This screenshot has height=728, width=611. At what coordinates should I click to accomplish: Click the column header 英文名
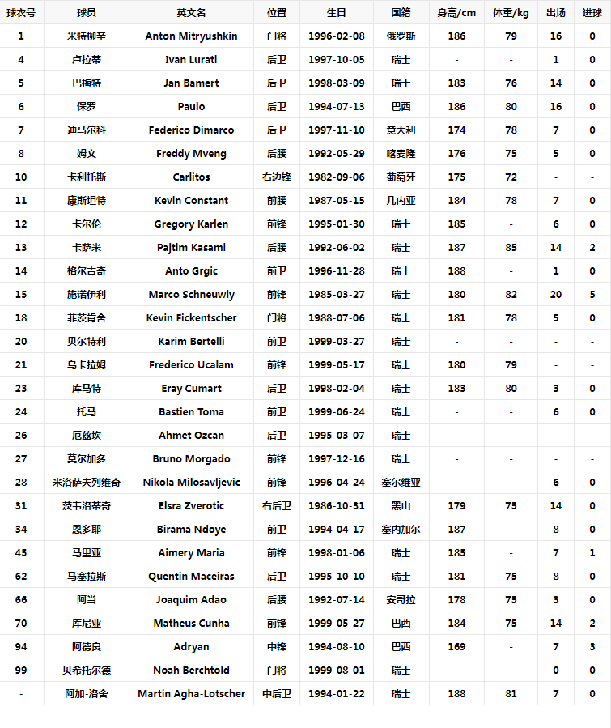coord(191,13)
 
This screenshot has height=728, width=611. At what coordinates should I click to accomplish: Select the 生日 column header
coord(336,13)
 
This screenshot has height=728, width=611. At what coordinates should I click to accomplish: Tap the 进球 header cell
coord(592,13)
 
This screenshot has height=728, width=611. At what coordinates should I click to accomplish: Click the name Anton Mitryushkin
coord(191,36)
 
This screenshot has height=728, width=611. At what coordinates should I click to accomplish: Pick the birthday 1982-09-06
coord(336,177)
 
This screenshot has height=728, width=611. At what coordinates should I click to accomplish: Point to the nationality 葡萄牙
coord(401,177)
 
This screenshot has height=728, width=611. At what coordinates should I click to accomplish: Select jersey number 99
coord(21,671)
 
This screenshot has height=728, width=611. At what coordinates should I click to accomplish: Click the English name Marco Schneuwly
coord(191,295)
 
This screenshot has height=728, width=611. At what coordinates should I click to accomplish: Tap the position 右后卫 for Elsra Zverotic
coord(276,506)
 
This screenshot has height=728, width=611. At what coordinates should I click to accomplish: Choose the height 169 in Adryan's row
coord(456,647)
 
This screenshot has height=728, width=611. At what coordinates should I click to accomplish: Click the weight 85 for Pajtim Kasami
coord(511,248)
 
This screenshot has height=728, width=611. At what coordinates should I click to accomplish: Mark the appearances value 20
coord(556,295)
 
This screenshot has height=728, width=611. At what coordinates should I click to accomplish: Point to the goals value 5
coord(592,295)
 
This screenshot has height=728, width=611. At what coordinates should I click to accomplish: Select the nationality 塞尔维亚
coord(401,483)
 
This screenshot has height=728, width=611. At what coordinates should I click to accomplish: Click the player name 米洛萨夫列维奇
coord(87,483)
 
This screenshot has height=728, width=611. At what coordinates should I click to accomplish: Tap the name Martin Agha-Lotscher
coord(191,694)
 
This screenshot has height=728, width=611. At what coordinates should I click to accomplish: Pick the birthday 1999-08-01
coord(336,671)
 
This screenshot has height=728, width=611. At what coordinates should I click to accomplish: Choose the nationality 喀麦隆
coord(401,154)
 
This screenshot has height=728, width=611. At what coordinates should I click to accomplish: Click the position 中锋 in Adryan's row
coord(276,647)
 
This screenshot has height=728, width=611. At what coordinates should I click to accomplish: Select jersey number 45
coord(21,553)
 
